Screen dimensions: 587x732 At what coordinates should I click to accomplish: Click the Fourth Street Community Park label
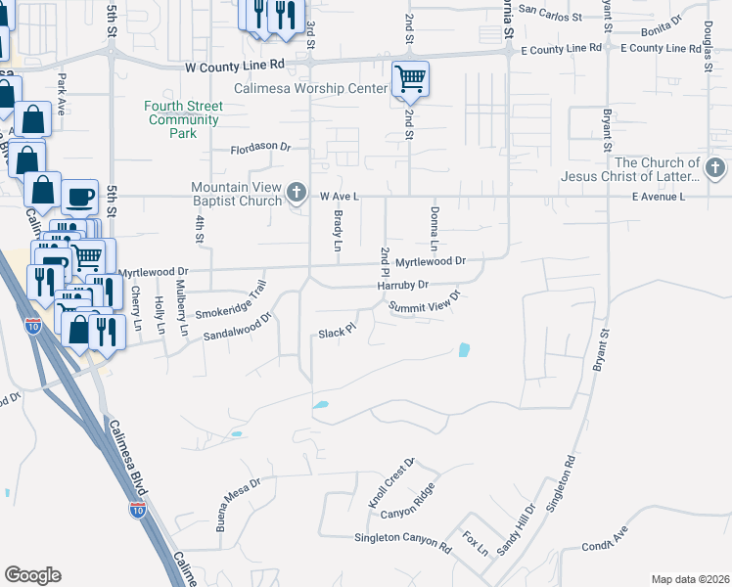[x=182, y=119]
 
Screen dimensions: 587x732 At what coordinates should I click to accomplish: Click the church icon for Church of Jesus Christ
[x=715, y=169]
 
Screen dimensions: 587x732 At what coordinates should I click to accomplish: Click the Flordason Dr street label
[x=261, y=149]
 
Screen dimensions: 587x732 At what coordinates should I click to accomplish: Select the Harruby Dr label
[x=403, y=285]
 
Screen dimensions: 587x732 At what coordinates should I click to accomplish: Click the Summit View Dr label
[x=424, y=303]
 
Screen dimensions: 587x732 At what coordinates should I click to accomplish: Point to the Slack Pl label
[x=335, y=333]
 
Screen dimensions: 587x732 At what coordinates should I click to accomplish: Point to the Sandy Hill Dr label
[x=517, y=529]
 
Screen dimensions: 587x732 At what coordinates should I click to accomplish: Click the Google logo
[x=32, y=575]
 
